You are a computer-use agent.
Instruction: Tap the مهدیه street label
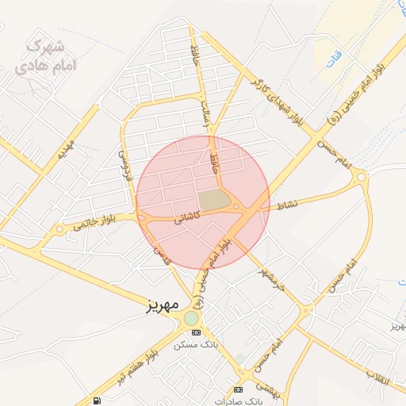point(65,148)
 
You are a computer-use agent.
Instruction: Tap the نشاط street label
point(287,205)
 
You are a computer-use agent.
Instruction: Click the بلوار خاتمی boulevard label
point(94,221)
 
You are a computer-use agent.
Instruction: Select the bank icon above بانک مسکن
point(197,332)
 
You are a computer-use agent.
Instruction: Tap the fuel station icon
point(97,401)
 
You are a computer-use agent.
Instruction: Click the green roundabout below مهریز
point(191,318)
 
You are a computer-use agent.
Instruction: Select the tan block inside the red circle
point(212,200)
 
